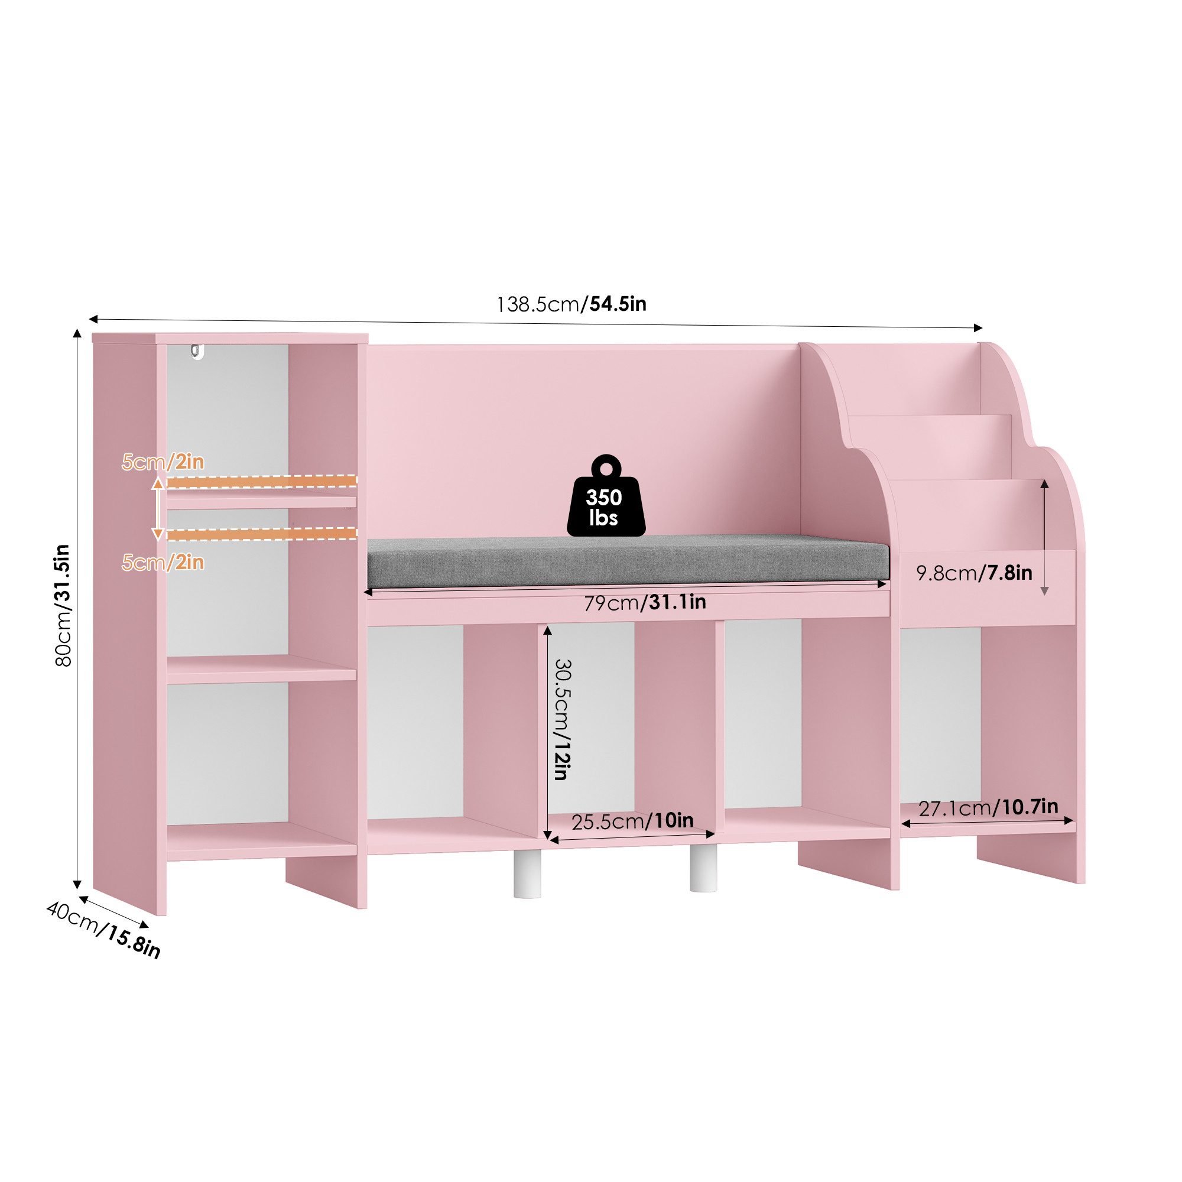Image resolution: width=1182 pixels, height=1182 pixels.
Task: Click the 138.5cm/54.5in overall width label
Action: pos(571,304)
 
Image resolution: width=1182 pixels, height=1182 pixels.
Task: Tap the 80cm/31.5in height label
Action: pos(64,605)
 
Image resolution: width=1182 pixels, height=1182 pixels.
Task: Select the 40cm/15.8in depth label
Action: pos(103,931)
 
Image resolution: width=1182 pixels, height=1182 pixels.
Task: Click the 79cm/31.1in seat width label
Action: pos(645,603)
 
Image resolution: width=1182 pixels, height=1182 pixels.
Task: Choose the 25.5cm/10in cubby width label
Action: pos(632,821)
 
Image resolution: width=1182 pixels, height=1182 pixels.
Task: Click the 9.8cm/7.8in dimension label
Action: pos(974,573)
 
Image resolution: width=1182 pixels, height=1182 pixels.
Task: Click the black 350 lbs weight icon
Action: pos(606,496)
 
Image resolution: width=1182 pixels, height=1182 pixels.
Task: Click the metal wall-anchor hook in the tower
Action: pos(196,352)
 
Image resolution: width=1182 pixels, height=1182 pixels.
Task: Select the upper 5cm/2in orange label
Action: pos(163,463)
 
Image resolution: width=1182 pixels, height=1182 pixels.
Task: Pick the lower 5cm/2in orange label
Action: pos(163,562)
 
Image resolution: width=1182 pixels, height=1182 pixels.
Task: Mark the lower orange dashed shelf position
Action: pos(261,534)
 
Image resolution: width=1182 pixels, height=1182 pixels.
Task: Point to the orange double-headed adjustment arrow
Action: pos(158,508)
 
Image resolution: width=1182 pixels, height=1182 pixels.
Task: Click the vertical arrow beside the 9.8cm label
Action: pos(1044,537)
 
